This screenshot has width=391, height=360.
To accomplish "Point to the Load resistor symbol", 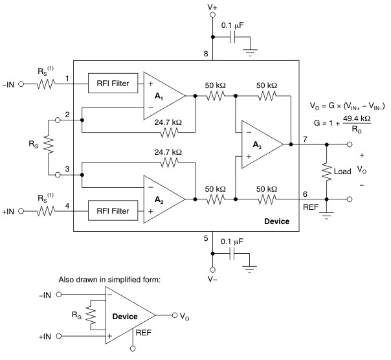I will click(327, 172).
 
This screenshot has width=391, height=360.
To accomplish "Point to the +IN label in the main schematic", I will click(10, 212).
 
